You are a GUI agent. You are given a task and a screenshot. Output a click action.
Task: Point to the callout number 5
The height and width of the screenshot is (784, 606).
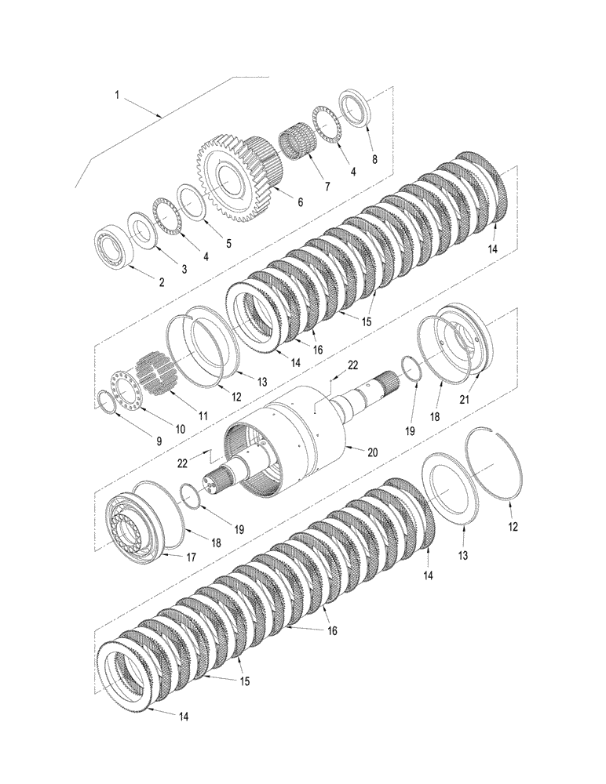228,243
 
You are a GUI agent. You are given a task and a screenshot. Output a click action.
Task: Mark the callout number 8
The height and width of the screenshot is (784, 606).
374,158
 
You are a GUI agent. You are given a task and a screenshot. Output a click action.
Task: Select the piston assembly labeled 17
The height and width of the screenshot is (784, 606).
137,522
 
